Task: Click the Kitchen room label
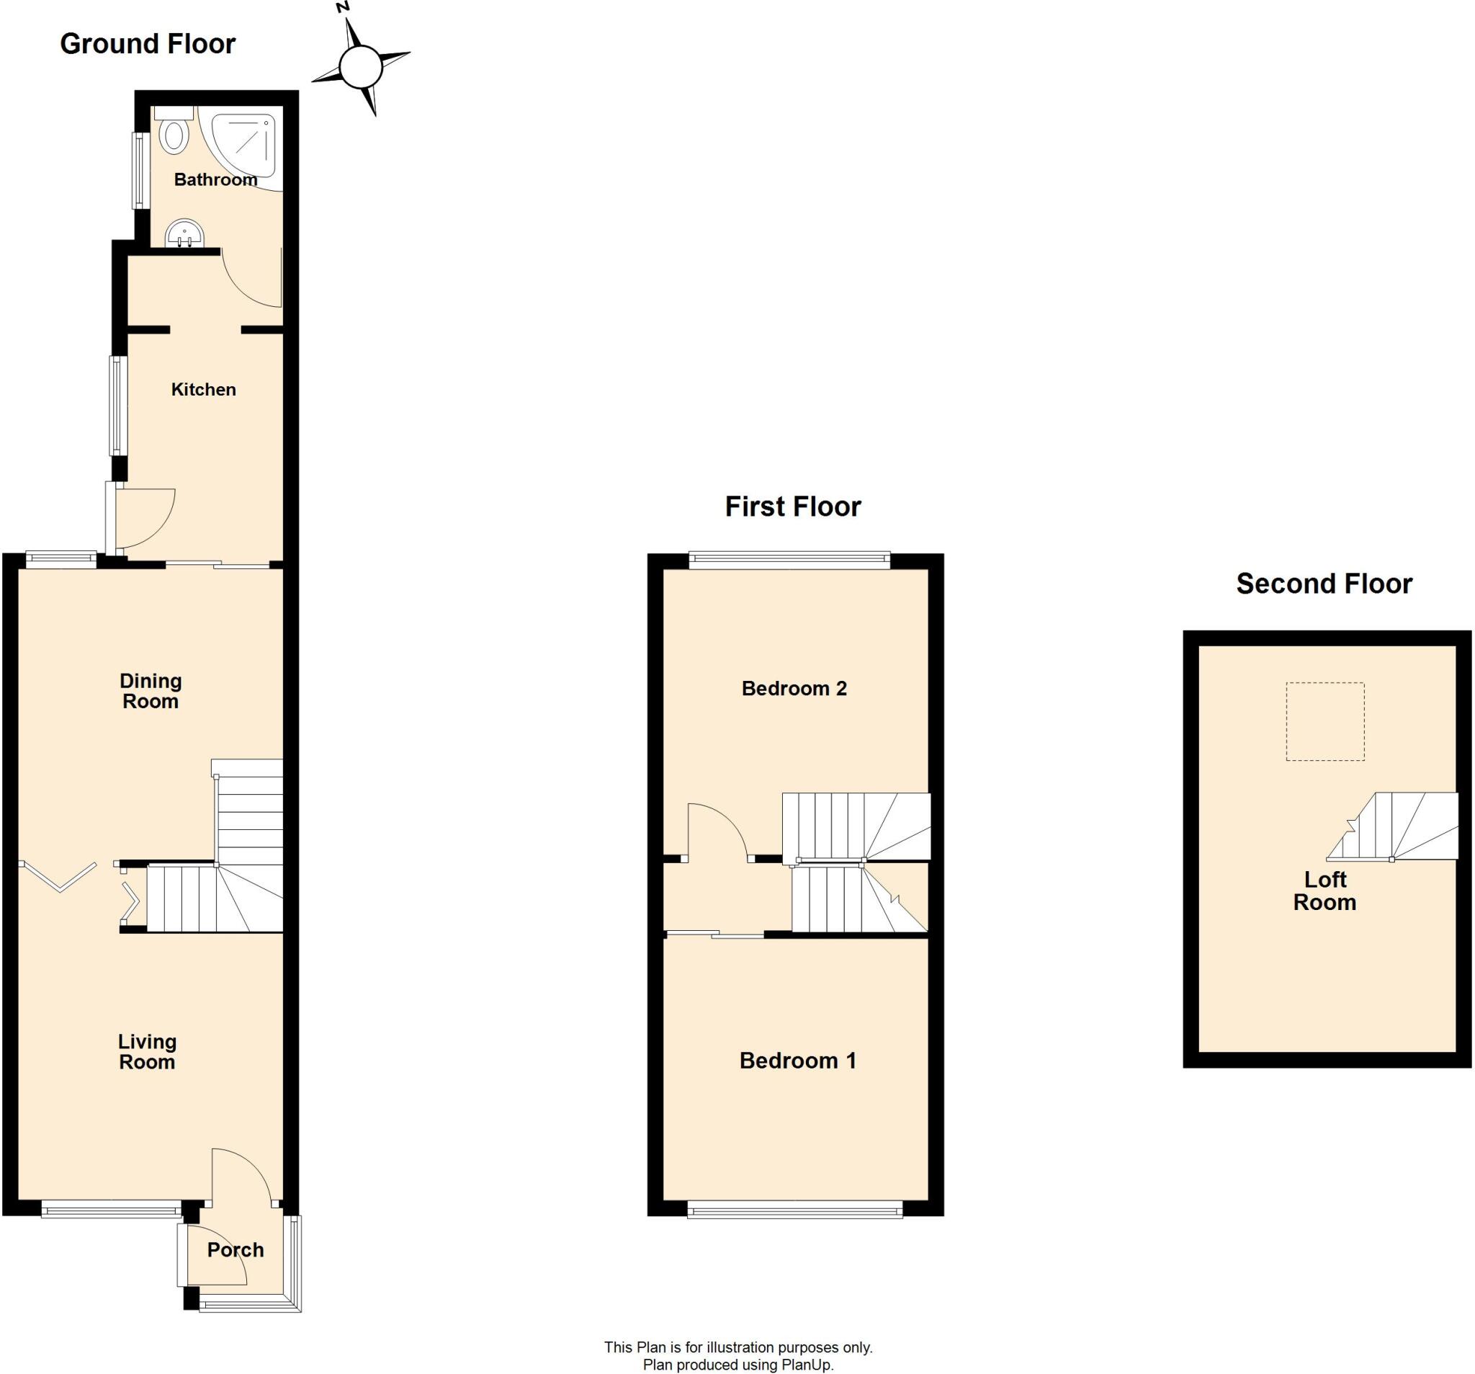click(x=203, y=390)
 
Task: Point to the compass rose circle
click(x=361, y=68)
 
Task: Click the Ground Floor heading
click(x=148, y=44)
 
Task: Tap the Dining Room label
click(x=151, y=691)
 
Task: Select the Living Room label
click(x=147, y=1052)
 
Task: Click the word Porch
click(x=236, y=1250)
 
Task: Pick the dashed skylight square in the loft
click(x=1325, y=721)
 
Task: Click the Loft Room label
click(x=1325, y=891)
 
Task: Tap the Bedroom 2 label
click(x=794, y=689)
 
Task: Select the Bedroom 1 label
click(x=797, y=1061)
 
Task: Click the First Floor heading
click(x=792, y=507)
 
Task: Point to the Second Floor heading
click(x=1324, y=584)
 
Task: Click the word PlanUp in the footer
click(x=807, y=1365)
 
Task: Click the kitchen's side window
click(x=118, y=406)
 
